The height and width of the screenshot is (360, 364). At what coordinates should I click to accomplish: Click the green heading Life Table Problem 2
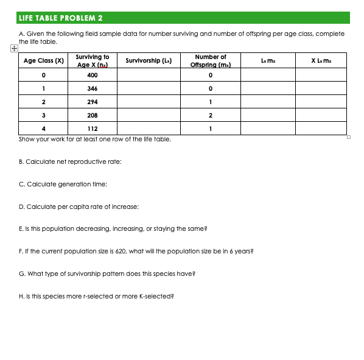tap(61, 18)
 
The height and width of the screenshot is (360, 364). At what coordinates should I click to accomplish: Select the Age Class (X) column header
tap(43, 61)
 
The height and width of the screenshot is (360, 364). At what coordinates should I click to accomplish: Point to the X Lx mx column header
tap(321, 61)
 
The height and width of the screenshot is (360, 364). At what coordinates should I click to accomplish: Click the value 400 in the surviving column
tap(93, 75)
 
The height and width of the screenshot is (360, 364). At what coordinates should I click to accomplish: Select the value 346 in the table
tap(93, 88)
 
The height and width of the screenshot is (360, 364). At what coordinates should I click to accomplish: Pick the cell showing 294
tap(93, 102)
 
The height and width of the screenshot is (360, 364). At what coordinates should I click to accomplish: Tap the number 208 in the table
tap(93, 115)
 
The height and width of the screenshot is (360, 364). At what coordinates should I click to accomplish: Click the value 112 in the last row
tap(93, 129)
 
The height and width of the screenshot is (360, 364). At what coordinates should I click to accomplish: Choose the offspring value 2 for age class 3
tap(210, 115)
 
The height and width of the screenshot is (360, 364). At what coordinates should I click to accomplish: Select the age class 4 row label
tap(43, 129)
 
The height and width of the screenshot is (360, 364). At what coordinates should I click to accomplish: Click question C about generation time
tap(63, 184)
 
